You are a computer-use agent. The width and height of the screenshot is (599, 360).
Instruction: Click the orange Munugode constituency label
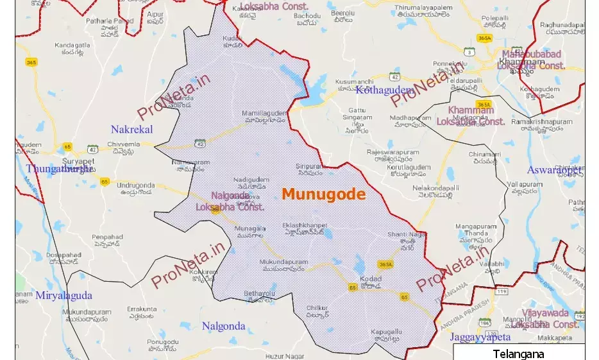[x=323, y=194]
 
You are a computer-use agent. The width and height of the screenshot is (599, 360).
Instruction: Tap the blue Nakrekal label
[x=131, y=129]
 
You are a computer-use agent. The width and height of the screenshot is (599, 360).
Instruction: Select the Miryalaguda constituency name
[x=63, y=295]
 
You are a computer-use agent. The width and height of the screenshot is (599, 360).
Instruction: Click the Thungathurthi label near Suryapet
[x=60, y=169]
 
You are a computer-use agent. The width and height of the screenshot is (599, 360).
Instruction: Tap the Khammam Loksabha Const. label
[x=471, y=116]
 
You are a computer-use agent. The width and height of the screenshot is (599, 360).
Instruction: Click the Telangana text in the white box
[x=518, y=354]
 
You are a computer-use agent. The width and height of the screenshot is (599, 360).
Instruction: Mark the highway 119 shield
[x=497, y=291]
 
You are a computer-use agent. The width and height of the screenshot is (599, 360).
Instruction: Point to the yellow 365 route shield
[x=31, y=62]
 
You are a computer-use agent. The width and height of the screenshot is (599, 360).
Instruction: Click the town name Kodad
[x=371, y=279]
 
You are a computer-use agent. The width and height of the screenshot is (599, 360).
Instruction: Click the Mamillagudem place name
[x=263, y=114]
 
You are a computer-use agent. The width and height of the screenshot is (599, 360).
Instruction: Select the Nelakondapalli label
[x=437, y=188]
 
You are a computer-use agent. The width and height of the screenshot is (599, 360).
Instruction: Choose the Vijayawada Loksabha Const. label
[x=545, y=318]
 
